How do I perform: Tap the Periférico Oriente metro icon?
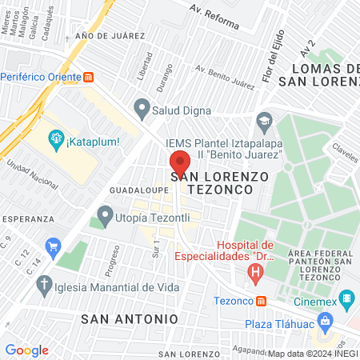click(x=89, y=78)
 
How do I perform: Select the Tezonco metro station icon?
click(x=261, y=302)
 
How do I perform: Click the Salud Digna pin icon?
click(x=142, y=106)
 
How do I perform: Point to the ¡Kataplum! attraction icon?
click(x=56, y=142)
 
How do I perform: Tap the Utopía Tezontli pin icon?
click(x=104, y=215)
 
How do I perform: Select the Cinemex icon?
click(x=346, y=301)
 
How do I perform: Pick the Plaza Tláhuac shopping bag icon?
click(x=324, y=322)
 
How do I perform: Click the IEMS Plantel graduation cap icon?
click(x=263, y=123)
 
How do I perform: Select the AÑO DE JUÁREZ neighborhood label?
click(x=110, y=36)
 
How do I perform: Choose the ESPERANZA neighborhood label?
click(x=27, y=218)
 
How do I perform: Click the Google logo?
click(x=27, y=350)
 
